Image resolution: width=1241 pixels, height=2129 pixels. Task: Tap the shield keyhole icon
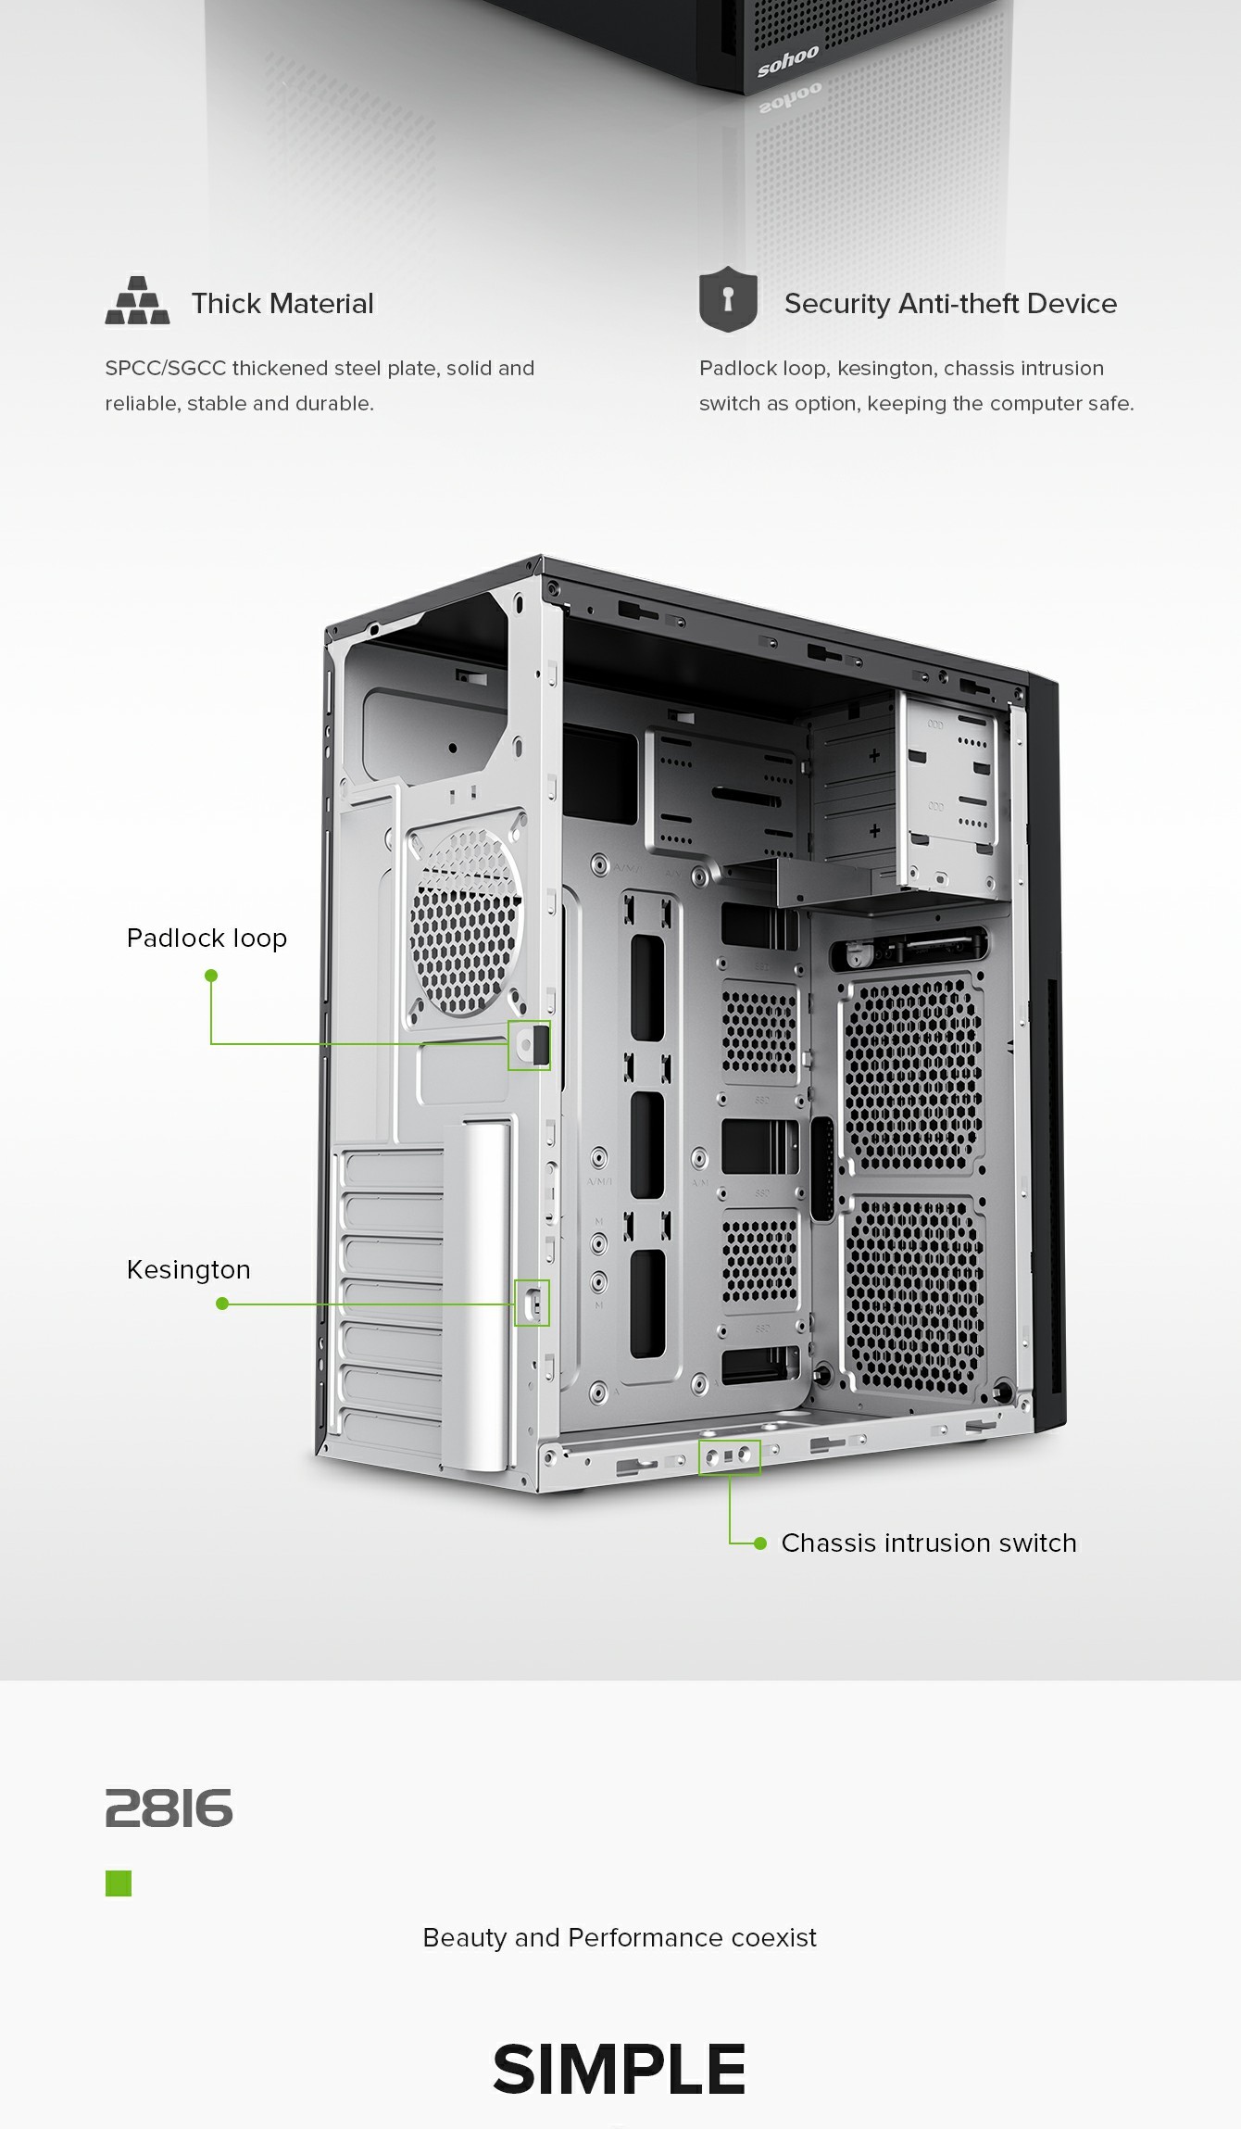click(x=728, y=298)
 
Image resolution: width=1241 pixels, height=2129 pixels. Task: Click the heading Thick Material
click(x=282, y=303)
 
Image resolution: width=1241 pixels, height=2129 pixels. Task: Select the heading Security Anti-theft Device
click(x=950, y=303)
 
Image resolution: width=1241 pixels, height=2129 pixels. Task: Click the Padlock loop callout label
click(x=207, y=939)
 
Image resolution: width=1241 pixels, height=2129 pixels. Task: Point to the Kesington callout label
click(x=188, y=1269)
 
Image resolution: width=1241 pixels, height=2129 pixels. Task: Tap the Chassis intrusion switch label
click(x=929, y=1543)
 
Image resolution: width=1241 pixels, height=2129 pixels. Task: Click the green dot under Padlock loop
click(x=211, y=976)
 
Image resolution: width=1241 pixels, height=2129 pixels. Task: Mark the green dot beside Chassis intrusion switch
click(x=760, y=1543)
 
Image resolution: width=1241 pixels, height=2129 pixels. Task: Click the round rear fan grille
click(x=465, y=923)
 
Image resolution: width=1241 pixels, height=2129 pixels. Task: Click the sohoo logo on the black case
click(x=788, y=61)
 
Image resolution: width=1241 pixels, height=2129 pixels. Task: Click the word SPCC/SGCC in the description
click(x=166, y=368)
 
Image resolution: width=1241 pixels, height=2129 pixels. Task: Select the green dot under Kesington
click(x=222, y=1304)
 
